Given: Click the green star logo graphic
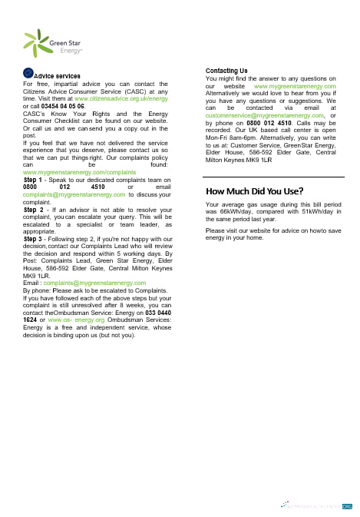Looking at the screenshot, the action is pos(35,44).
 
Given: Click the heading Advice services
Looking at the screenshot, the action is pos(58,76).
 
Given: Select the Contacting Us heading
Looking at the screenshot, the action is pos(226,71).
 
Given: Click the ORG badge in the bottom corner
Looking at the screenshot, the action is pos(347,506).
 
